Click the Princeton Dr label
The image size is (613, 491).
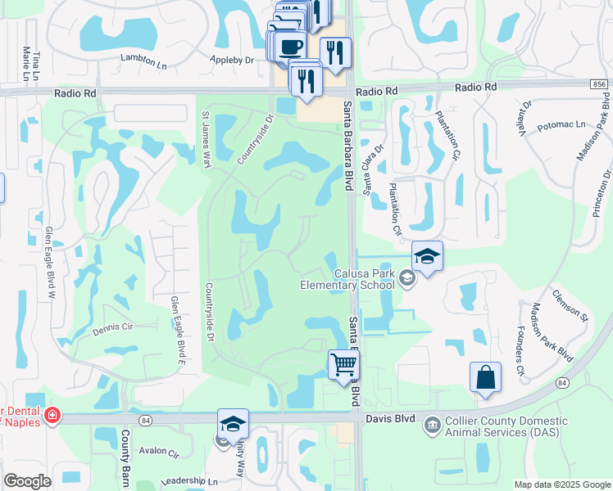coord(602,192)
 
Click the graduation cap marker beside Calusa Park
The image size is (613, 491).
coord(427,257)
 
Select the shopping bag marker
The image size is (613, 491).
coord(485,378)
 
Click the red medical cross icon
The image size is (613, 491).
coord(52,416)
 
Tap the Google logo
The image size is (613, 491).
coord(27,481)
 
